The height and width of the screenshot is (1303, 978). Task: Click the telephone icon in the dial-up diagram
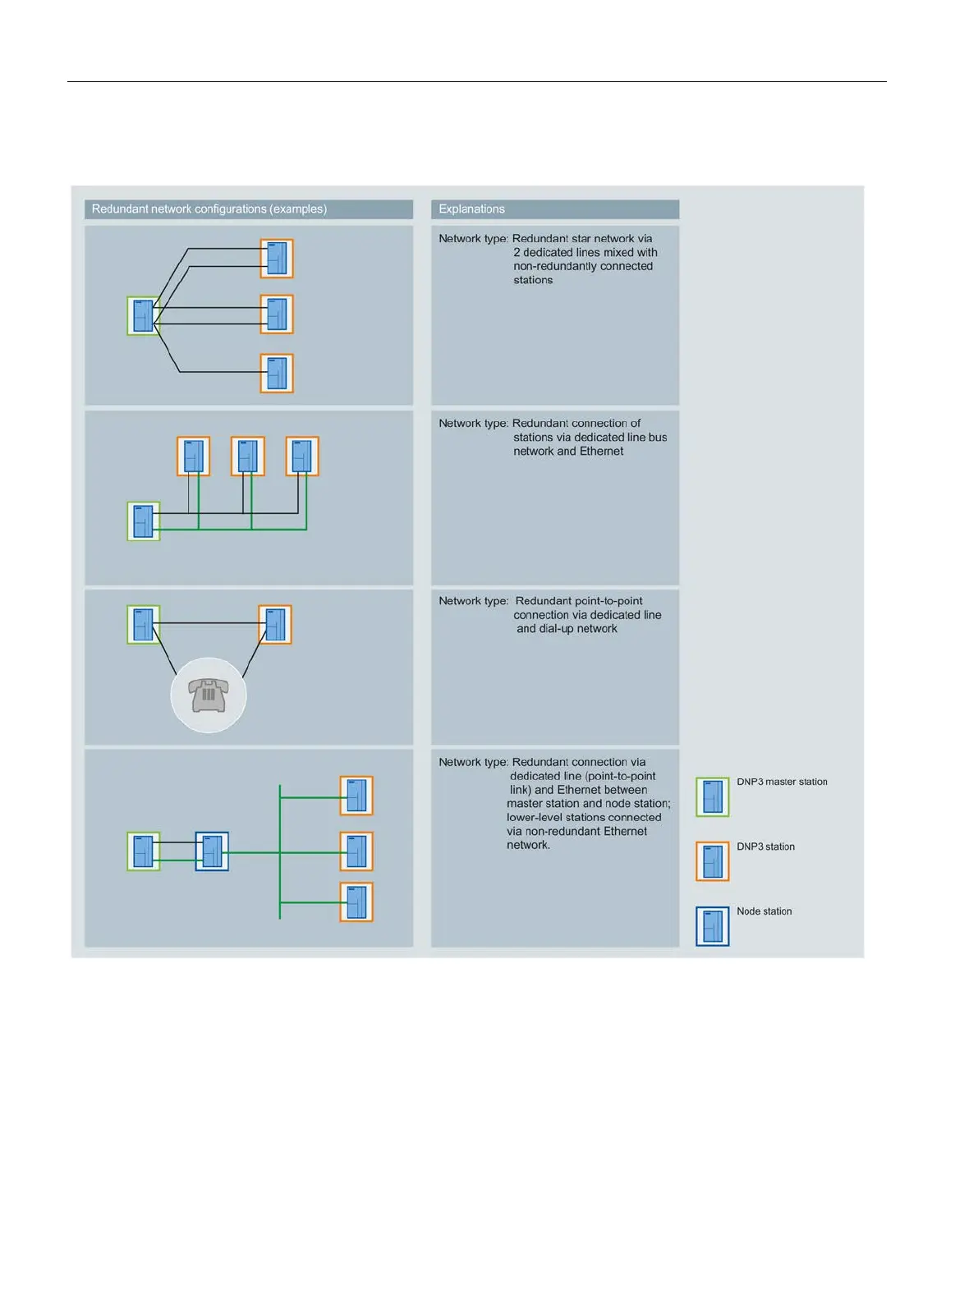208,695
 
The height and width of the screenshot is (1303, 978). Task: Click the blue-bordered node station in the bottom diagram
212,851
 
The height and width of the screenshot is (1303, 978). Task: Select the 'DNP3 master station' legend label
782,782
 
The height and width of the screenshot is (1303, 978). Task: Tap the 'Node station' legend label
764,911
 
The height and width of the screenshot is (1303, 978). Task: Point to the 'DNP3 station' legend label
765,846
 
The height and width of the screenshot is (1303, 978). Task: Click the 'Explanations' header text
471,209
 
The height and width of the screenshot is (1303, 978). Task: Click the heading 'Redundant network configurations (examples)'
209,209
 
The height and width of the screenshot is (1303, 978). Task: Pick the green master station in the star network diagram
143,316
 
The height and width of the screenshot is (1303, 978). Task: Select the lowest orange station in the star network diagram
277,373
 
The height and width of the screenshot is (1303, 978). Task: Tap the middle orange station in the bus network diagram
248,457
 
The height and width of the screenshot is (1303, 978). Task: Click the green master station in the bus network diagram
143,521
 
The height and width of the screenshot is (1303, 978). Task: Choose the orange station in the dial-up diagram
275,625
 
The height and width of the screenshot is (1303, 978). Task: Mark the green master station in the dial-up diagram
143,625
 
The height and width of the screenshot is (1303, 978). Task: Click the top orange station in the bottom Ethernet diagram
356,796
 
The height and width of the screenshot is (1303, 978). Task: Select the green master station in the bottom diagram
143,851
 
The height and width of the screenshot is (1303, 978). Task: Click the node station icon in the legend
712,926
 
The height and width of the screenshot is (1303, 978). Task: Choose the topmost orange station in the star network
277,259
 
